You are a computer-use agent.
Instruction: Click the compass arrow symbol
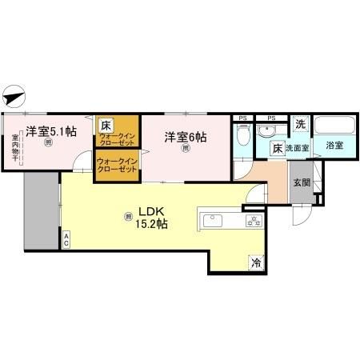(x=14, y=98)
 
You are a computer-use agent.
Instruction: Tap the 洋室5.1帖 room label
(x=50, y=130)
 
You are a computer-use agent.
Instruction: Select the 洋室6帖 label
(x=186, y=137)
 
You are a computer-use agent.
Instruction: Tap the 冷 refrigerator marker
(x=256, y=261)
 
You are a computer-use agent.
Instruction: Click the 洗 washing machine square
(x=300, y=124)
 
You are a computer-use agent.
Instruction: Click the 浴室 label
(x=334, y=146)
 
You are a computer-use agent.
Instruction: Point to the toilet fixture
(x=243, y=136)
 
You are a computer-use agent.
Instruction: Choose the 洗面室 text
(x=298, y=147)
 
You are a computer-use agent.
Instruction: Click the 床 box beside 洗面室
(x=275, y=147)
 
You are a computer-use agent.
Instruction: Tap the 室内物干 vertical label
(x=15, y=148)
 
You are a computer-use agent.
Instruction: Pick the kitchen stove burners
(x=254, y=221)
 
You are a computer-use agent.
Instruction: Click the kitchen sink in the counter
(x=213, y=219)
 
